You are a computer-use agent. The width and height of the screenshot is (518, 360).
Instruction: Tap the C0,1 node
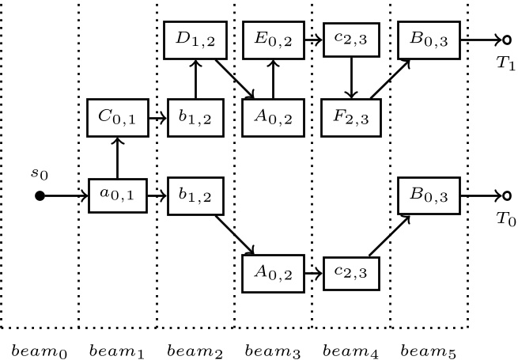pos(117,119)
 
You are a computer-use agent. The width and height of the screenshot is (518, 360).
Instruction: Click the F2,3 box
pos(350,119)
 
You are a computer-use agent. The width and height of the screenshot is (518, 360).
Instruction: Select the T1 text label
pos(506,66)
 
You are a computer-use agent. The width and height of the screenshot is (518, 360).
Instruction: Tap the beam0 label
pos(39,348)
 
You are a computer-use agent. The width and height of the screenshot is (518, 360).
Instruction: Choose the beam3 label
pos(273,348)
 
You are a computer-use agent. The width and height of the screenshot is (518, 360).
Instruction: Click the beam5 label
pos(429,348)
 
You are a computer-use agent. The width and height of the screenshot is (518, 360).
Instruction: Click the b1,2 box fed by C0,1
pos(195,119)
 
